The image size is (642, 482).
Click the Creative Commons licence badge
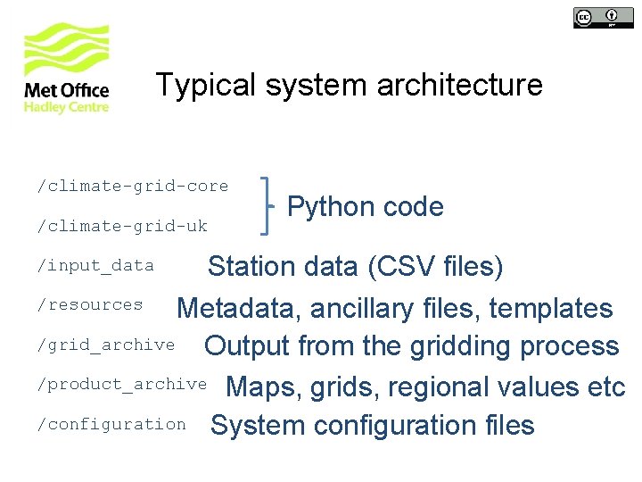point(597,17)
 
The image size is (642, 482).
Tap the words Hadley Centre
point(66,107)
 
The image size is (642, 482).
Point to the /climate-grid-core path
point(132,186)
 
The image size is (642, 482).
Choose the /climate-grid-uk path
point(121,226)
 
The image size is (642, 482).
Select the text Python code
point(365,207)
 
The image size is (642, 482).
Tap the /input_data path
point(95,265)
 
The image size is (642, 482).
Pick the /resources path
point(89,304)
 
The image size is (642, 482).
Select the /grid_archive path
point(105,345)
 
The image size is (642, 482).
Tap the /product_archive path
point(121,384)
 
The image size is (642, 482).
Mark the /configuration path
point(111,424)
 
